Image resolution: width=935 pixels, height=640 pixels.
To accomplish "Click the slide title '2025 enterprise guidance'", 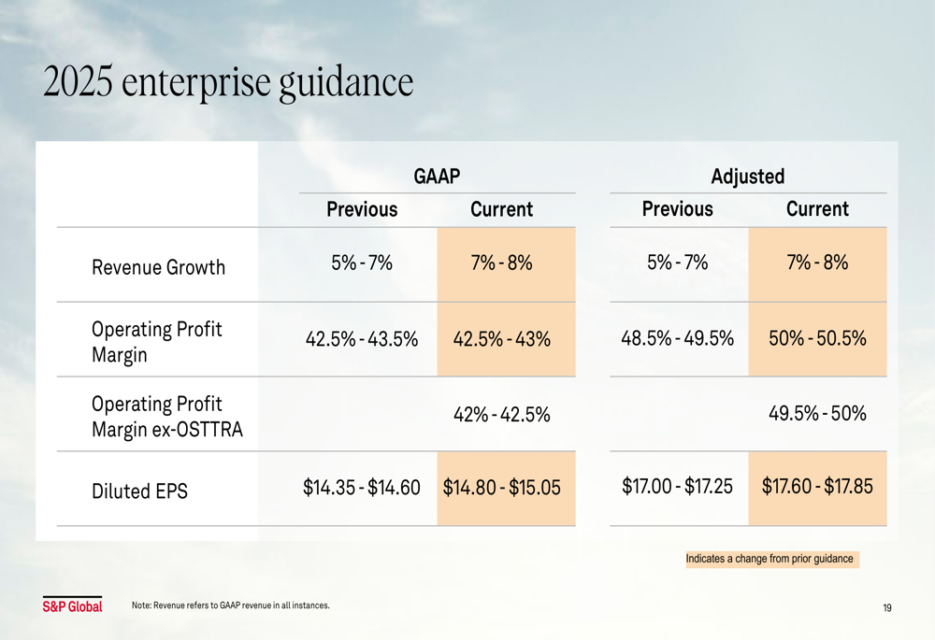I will point(228,83).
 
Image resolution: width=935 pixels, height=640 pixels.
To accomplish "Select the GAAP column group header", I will point(437,176).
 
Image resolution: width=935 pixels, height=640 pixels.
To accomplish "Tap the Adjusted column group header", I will point(747,176).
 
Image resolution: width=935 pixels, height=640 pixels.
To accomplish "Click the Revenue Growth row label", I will point(158,268).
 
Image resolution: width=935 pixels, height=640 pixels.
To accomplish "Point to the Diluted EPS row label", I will point(139,490).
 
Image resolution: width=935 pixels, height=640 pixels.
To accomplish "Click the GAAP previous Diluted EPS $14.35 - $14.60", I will point(362,487).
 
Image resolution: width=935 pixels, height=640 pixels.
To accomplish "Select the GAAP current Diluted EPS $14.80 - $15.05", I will point(502,488).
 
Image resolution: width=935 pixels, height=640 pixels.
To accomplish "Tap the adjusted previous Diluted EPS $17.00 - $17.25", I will point(677,486).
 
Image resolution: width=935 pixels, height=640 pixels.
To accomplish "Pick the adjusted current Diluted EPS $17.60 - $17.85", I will point(817,486).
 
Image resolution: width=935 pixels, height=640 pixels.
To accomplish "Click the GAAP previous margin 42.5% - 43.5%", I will point(362,339).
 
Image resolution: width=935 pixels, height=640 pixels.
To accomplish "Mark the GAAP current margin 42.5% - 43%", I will point(502,339).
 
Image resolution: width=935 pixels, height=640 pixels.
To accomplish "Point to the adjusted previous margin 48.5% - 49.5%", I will point(677,338).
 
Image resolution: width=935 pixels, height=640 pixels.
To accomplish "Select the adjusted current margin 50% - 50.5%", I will point(817,338).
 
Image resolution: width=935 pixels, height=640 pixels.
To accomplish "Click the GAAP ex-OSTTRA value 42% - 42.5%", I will point(502,414).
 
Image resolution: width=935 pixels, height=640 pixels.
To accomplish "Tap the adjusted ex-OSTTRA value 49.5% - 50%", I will point(817,413).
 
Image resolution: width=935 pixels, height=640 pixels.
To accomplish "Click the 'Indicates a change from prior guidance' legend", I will point(770,559).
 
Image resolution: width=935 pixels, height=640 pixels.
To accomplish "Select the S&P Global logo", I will point(72,606).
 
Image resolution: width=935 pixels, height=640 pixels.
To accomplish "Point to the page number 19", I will point(886,608).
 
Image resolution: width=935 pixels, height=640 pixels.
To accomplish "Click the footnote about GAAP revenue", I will point(231,605).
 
